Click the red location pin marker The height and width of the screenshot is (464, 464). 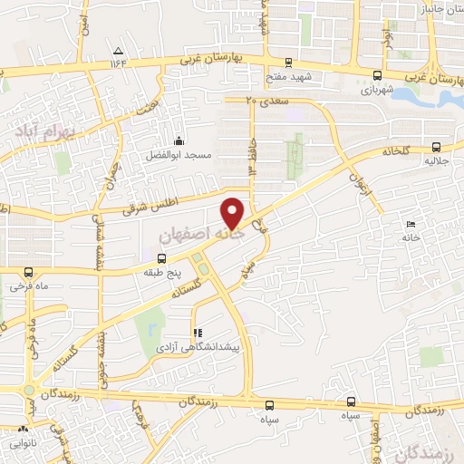(233, 214)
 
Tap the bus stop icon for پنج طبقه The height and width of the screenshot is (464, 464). (161, 258)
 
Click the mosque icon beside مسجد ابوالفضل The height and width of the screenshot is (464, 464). (179, 141)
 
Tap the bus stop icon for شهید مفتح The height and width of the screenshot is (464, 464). (288, 63)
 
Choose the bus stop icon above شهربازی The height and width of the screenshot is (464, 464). (380, 77)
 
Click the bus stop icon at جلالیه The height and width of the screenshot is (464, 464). (437, 146)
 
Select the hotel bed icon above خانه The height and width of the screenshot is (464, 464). (411, 223)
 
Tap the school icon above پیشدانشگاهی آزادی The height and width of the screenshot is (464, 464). (198, 333)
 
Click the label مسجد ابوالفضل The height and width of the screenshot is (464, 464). (179, 156)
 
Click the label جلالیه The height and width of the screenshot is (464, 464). (437, 159)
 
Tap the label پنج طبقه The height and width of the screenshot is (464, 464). (161, 271)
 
